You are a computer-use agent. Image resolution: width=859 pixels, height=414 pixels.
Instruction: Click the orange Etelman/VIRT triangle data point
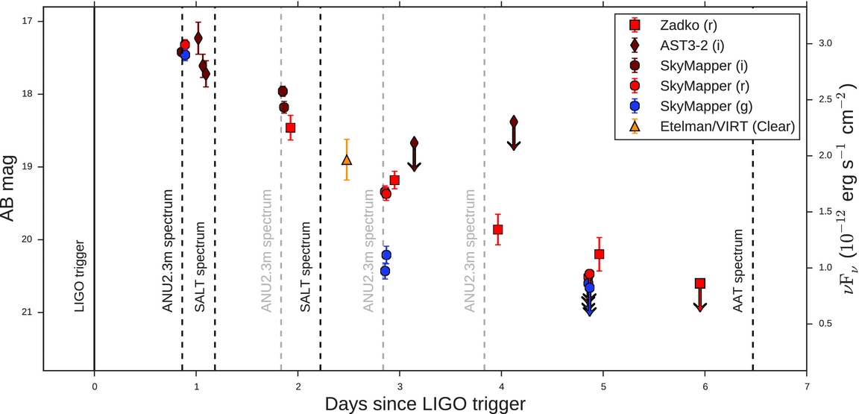[x=346, y=160]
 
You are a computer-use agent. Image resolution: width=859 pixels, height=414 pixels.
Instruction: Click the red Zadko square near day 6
[x=699, y=283]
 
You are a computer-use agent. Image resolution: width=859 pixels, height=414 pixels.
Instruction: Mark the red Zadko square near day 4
[x=498, y=230]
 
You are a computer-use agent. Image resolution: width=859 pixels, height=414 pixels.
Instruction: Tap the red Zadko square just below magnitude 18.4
[x=291, y=128]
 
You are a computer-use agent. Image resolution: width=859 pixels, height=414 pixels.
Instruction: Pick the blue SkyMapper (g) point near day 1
[x=185, y=55]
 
